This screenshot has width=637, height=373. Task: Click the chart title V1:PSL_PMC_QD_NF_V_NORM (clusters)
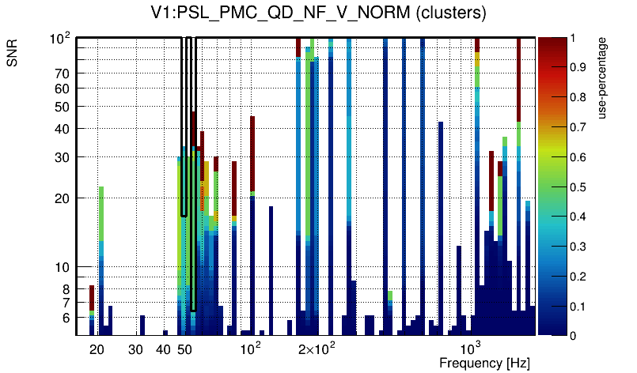[318, 13]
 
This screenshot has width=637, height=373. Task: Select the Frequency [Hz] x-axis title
[484, 363]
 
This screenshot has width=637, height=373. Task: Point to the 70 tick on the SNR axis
[62, 73]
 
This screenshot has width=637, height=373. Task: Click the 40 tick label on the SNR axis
[62, 129]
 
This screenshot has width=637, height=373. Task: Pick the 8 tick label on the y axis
[66, 289]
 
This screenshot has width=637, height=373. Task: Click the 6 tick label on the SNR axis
[66, 318]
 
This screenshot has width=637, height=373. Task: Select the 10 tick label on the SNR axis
[62, 267]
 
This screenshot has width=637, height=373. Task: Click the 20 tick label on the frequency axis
[97, 349]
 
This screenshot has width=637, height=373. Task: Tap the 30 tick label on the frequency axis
[135, 349]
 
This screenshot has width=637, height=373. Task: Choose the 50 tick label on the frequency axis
[184, 349]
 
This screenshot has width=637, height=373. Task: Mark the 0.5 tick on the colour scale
[583, 186]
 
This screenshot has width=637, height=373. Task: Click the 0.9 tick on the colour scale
[583, 67]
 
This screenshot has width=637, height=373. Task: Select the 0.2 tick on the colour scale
[583, 276]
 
